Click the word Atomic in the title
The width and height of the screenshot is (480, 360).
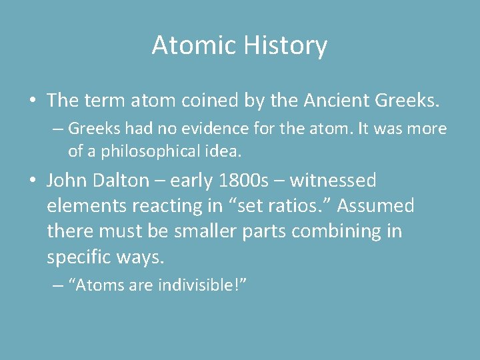(x=194, y=46)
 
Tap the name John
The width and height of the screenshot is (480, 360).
(x=69, y=181)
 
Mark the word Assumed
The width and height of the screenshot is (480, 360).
(x=377, y=206)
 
